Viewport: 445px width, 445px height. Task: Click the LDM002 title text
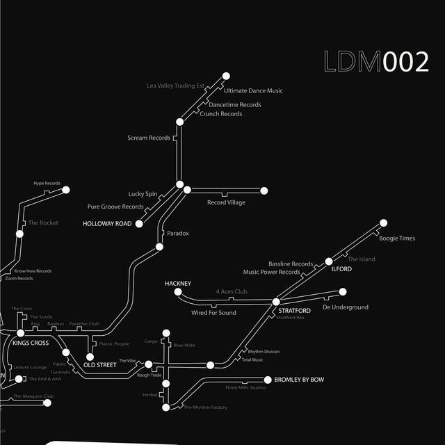click(x=376, y=62)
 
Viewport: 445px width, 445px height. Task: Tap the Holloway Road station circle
click(x=139, y=224)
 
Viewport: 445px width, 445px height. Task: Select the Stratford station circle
click(x=275, y=302)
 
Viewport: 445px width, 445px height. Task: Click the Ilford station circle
click(x=329, y=261)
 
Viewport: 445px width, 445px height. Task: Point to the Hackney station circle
click(x=177, y=292)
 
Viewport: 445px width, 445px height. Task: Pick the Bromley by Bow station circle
click(x=268, y=380)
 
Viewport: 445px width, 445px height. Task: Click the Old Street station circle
click(x=90, y=357)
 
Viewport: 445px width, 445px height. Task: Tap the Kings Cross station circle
click(x=20, y=334)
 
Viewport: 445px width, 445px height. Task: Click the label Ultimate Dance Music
click(x=253, y=91)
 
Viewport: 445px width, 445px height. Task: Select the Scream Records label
click(x=149, y=138)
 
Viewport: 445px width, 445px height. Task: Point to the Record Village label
click(x=226, y=202)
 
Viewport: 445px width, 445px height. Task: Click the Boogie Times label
click(x=396, y=238)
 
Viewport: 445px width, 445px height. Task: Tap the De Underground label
click(x=346, y=307)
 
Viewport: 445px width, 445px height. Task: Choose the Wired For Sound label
click(x=213, y=313)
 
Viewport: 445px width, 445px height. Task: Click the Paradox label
click(x=178, y=234)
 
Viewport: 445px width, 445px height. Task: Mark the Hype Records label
click(x=47, y=184)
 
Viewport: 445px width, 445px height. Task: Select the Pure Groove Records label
click(x=115, y=207)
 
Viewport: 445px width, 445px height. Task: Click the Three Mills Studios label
click(x=245, y=387)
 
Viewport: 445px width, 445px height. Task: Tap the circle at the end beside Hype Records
click(x=66, y=190)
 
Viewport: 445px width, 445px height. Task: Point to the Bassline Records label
click(x=291, y=264)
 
